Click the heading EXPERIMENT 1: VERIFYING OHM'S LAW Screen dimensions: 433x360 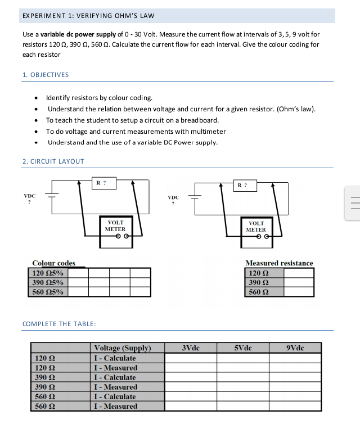point(88,15)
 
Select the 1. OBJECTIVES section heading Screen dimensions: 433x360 point(46,75)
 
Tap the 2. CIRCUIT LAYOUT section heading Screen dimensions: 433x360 point(53,161)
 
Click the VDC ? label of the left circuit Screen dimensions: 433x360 point(29,199)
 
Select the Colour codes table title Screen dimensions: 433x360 point(53,263)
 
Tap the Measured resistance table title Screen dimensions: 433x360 point(279,263)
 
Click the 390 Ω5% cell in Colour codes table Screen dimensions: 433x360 point(48,282)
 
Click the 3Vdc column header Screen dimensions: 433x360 point(191,348)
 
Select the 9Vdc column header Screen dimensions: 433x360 point(295,348)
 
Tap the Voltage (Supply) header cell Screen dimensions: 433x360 point(123,348)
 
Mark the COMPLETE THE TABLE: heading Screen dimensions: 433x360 point(59,324)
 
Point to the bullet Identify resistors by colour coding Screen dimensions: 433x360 point(99,98)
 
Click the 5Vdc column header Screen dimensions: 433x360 point(243,348)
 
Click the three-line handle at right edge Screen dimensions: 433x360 point(354,203)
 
